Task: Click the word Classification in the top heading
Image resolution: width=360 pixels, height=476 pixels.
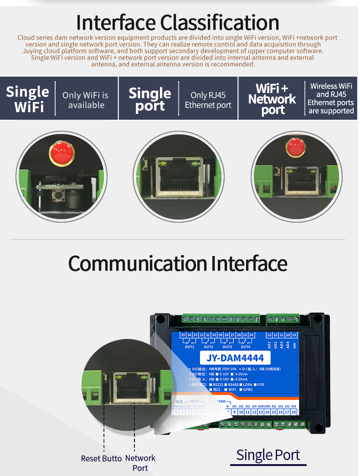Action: click(x=220, y=22)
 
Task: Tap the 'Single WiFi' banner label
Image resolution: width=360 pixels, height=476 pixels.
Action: click(x=28, y=99)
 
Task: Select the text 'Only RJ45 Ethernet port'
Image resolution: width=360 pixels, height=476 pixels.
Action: click(x=208, y=100)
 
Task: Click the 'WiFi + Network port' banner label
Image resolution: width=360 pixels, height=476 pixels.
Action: click(x=272, y=99)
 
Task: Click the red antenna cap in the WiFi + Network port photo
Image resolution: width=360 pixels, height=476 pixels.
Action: click(x=295, y=147)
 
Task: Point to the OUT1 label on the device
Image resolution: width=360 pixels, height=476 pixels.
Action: click(x=190, y=347)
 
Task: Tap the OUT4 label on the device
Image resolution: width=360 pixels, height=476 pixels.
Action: click(x=246, y=347)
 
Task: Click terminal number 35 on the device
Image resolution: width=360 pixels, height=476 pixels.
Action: click(x=183, y=335)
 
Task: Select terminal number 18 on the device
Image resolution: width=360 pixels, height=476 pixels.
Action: click(x=294, y=412)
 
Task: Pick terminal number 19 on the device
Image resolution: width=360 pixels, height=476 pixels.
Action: click(x=294, y=335)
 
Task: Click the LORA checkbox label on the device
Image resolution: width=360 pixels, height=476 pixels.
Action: click(x=247, y=384)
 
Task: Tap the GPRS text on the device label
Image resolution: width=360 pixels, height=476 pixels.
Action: click(x=248, y=390)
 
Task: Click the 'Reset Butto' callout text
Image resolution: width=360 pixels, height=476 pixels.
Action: click(x=101, y=458)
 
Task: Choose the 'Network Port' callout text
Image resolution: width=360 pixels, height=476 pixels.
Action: click(x=140, y=463)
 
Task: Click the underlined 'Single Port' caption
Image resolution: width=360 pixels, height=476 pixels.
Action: click(x=268, y=455)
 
